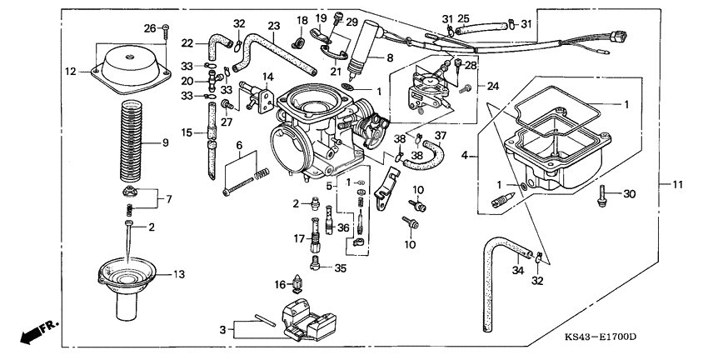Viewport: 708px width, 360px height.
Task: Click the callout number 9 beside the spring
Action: [165, 143]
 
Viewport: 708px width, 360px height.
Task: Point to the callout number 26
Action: [149, 28]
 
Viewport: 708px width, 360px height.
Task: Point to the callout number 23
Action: [273, 26]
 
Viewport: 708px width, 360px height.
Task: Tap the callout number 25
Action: [464, 17]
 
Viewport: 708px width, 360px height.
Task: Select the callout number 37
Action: [441, 136]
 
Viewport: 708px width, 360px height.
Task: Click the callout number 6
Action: [239, 145]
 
